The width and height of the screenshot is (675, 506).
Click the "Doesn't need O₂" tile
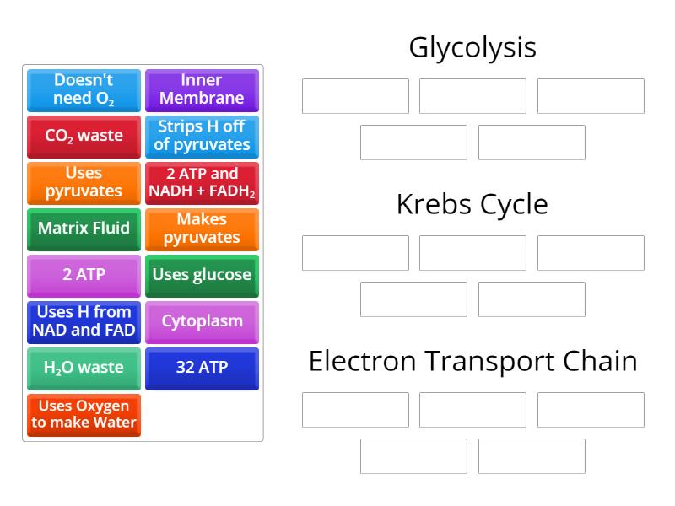pyautogui.click(x=84, y=89)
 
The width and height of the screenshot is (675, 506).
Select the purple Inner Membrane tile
pyautogui.click(x=202, y=89)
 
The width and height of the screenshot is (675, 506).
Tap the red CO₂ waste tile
pyautogui.click(x=84, y=136)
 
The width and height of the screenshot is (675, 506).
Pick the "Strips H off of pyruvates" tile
pyautogui.click(x=202, y=136)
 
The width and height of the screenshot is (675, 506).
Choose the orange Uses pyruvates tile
pyautogui.click(x=84, y=182)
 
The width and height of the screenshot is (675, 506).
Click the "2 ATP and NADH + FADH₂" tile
pyautogui.click(x=202, y=182)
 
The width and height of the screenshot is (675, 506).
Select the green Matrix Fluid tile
pyautogui.click(x=84, y=229)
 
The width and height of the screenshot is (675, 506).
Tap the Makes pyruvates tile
pyautogui.click(x=202, y=229)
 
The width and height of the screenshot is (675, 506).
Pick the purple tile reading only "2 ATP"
pyautogui.click(x=84, y=275)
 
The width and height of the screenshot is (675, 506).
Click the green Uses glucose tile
pyautogui.click(x=202, y=275)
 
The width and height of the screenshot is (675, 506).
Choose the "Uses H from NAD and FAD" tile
pyautogui.click(x=84, y=321)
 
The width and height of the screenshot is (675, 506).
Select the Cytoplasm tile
pyautogui.click(x=202, y=321)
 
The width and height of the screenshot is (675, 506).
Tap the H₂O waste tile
pyautogui.click(x=84, y=368)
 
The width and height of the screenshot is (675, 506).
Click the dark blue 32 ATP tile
pyautogui.click(x=202, y=368)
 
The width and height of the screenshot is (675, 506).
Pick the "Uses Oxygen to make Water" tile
pyautogui.click(x=84, y=414)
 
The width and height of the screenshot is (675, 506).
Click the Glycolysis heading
pyautogui.click(x=472, y=47)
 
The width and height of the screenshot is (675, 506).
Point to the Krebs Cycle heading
pyautogui.click(x=472, y=204)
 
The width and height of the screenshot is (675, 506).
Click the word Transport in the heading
pyautogui.click(x=484, y=361)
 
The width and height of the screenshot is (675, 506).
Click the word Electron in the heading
pyautogui.click(x=361, y=361)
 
